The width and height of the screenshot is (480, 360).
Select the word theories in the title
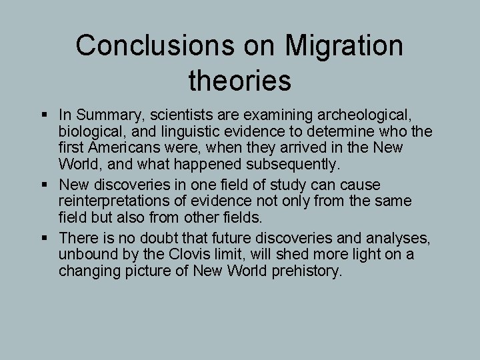240,81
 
